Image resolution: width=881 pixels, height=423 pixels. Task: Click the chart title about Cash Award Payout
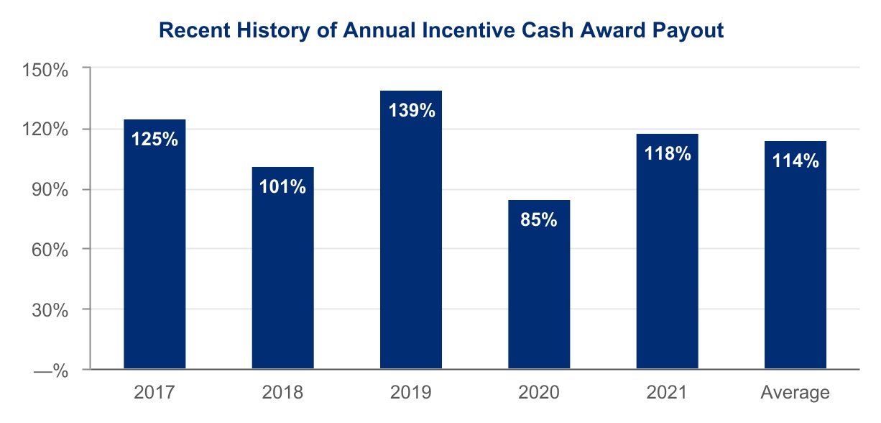[440, 31]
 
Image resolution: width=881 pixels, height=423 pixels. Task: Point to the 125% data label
[154, 138]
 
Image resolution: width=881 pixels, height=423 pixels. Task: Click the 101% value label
[282, 186]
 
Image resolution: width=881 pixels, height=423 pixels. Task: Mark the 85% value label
[539, 219]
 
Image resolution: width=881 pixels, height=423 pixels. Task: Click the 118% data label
[667, 153]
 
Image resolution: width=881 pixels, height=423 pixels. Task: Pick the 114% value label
[795, 160]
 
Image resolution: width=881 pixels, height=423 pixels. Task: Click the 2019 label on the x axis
[411, 393]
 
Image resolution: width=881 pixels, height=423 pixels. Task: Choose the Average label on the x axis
[795, 393]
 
